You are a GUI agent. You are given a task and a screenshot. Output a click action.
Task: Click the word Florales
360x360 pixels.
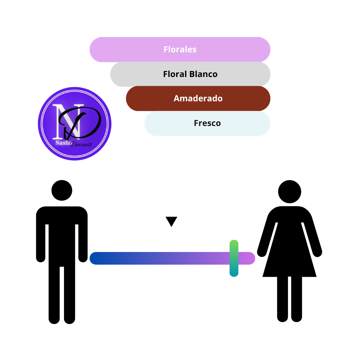(x=180, y=49)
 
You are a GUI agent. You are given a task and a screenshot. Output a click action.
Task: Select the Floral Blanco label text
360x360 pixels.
(x=190, y=74)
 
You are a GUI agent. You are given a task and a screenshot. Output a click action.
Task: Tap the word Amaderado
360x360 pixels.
(x=198, y=98)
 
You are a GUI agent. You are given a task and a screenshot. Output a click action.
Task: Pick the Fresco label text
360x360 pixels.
(x=207, y=123)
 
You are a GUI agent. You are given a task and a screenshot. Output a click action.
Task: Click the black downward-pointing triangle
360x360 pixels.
(x=171, y=221)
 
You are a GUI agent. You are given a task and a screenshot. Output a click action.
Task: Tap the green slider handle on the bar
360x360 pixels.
(x=234, y=258)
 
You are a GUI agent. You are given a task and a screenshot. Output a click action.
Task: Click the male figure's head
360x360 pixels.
(x=62, y=190)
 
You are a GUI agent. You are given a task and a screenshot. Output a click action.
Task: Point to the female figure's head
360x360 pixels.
(x=290, y=191)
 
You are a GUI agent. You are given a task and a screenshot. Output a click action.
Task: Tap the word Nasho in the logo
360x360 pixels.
(x=63, y=143)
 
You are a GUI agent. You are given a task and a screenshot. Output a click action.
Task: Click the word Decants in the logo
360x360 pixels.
(x=82, y=144)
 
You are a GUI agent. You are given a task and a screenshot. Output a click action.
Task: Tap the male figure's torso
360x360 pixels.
(x=62, y=236)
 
